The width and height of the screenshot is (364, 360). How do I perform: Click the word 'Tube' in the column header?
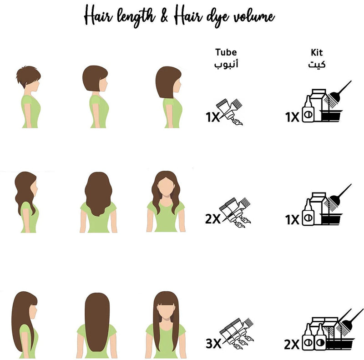226,52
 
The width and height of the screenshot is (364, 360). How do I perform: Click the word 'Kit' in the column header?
317,52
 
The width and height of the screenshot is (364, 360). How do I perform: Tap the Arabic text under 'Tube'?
226,64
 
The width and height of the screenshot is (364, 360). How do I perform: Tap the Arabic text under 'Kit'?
317,64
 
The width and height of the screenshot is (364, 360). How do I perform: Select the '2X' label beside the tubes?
212,218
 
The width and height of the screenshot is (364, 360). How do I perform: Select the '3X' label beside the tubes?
213,343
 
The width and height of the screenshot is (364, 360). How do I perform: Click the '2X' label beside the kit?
292,344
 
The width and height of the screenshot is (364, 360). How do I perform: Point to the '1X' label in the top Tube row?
212,117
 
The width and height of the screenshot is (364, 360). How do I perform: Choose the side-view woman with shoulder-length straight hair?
169,97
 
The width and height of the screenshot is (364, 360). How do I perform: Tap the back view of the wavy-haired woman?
98,202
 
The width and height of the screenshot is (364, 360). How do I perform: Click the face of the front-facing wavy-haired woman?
166,188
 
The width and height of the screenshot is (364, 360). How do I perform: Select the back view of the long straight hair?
97,325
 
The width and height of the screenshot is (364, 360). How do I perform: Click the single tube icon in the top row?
229,112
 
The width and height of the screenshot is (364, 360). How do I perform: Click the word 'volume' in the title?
254,17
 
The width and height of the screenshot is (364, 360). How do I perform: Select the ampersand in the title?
164,16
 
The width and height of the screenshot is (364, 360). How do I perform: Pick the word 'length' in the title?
136,17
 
